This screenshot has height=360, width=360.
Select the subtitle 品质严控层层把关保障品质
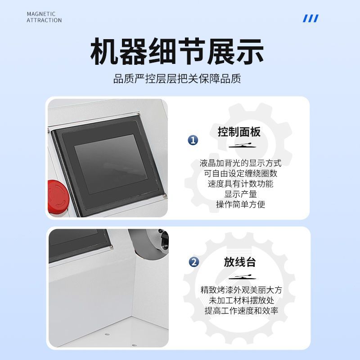(x=177, y=79)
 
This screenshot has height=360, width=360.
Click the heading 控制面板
(x=239, y=132)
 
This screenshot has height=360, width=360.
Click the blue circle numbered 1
(x=193, y=140)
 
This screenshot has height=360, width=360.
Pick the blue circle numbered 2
(x=194, y=262)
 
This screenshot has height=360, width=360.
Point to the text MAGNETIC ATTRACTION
(x=44, y=17)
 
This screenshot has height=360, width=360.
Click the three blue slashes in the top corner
(x=310, y=18)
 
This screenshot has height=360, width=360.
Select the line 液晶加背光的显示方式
(x=240, y=163)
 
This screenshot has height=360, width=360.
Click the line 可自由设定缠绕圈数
(x=240, y=173)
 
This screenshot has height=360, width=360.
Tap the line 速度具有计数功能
(x=240, y=184)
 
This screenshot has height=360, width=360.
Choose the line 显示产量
(x=240, y=194)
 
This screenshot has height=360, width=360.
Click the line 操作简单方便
(x=240, y=204)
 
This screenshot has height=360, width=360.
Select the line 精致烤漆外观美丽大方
(x=241, y=290)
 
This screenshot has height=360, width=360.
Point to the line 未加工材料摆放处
(x=241, y=301)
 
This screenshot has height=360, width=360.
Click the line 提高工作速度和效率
(x=241, y=311)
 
